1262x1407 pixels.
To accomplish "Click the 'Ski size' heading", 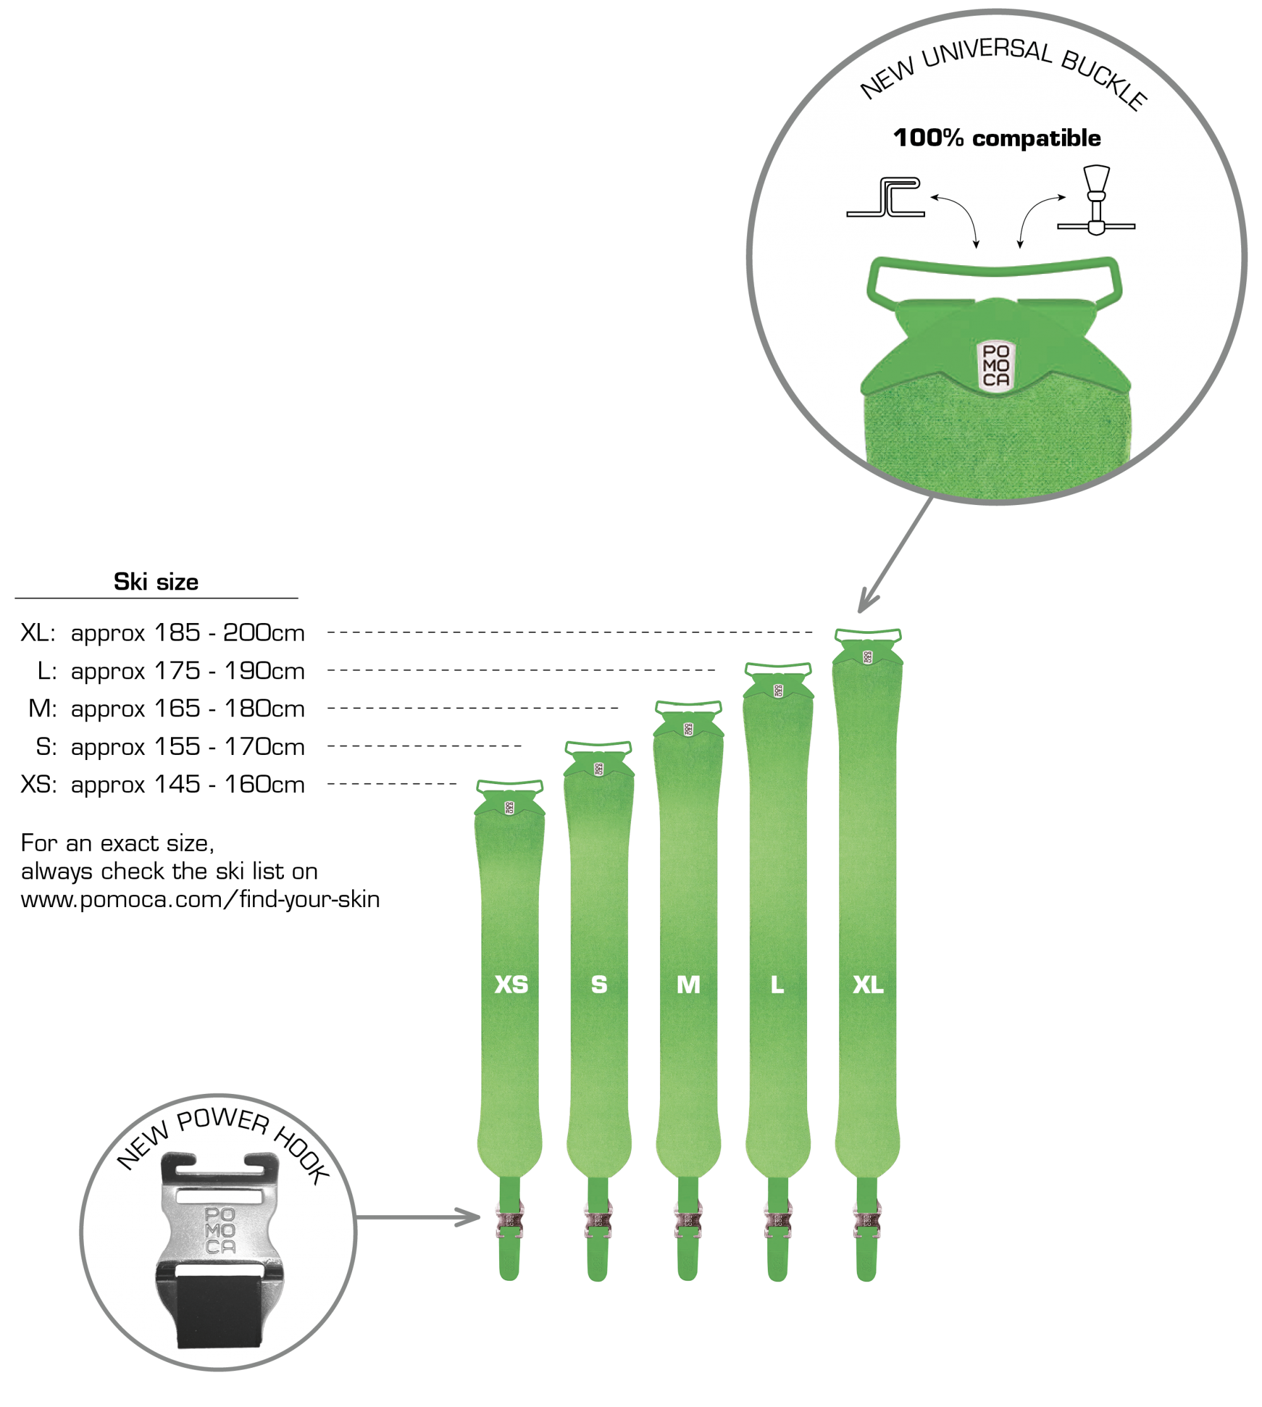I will tap(156, 583).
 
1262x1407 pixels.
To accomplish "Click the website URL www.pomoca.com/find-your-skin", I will tap(201, 901).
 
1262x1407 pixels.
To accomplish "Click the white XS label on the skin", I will tap(512, 986).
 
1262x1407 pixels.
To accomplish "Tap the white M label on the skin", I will tap(689, 986).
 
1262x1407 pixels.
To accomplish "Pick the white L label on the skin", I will tap(778, 986).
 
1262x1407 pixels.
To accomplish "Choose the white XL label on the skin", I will tap(869, 986).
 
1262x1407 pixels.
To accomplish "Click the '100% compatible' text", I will tap(998, 139).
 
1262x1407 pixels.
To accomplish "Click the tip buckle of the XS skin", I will tap(510, 798).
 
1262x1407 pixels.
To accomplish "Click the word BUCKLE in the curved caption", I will tap(1105, 80).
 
